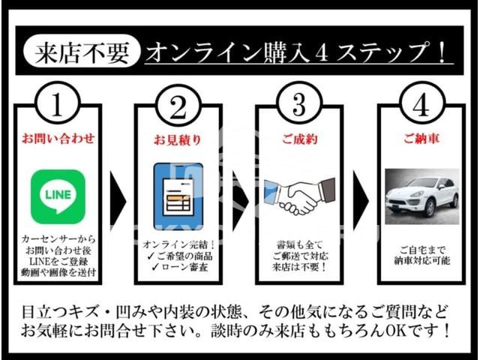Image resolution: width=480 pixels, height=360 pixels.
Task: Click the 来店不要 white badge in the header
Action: coord(82,51)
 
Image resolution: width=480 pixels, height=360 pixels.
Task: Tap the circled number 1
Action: coord(58,103)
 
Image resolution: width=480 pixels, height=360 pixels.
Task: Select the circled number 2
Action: coord(178,104)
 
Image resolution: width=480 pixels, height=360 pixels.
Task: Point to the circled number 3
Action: coord(299,103)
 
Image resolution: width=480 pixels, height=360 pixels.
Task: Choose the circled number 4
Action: coord(421,103)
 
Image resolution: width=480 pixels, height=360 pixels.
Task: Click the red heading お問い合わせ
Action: coord(58,139)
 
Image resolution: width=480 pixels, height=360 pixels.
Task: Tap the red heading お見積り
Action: coord(178,139)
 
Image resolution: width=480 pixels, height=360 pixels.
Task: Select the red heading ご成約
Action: coord(299,139)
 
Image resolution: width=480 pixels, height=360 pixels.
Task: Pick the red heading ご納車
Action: coord(421,139)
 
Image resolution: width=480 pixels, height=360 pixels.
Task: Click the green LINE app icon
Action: coord(58,196)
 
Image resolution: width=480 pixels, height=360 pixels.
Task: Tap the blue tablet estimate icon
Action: coord(178,196)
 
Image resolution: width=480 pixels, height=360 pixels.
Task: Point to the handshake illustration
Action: coord(299,196)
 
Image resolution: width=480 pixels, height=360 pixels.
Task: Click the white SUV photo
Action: coord(421,196)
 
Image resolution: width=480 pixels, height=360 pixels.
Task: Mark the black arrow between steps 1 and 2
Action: coord(118,202)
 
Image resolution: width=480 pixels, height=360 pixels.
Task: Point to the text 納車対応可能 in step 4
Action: coord(421,260)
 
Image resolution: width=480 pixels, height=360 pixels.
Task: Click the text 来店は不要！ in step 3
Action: coord(300,267)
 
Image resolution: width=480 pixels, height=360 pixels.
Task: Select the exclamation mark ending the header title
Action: coord(442,52)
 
